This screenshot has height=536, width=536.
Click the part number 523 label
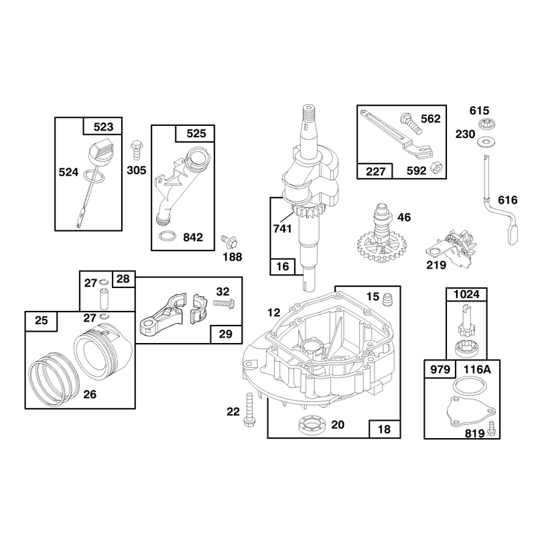coord(103,127)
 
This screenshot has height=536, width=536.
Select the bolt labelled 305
coord(137,149)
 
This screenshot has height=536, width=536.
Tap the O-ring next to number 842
coord(167,236)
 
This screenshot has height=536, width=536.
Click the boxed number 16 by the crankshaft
coord(282,266)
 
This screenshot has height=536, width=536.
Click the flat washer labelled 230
coord(484,140)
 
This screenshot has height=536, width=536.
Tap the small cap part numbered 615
coord(484,124)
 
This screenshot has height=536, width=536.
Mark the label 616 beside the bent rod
coord(508,200)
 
